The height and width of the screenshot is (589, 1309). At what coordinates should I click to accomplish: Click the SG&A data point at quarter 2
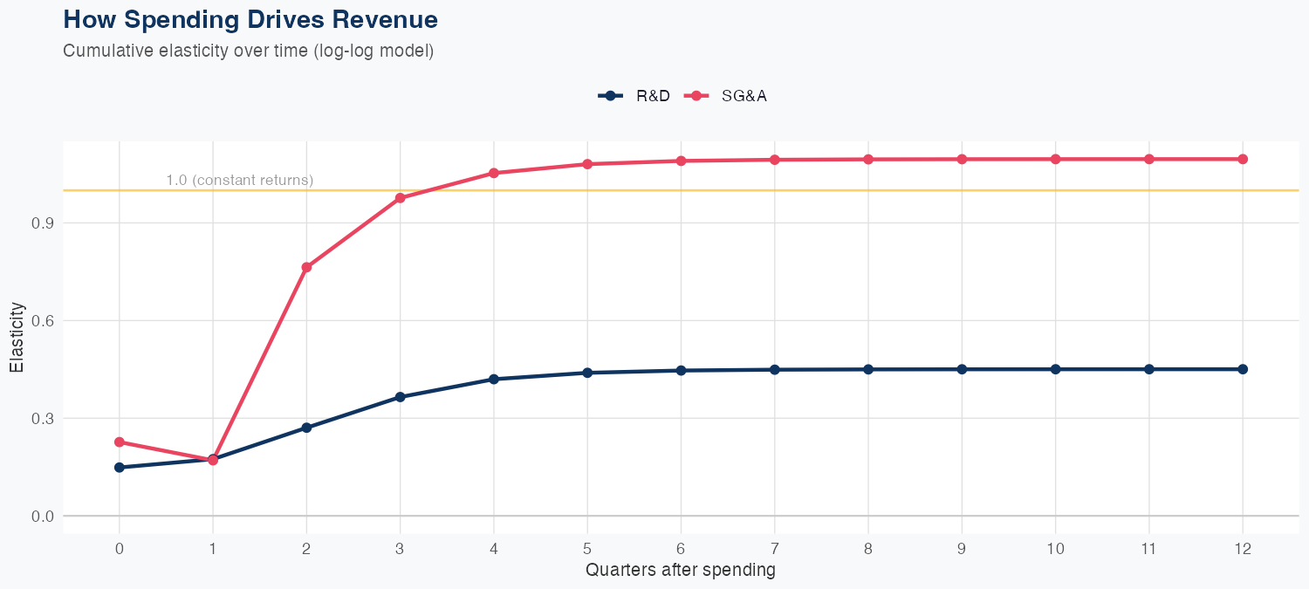pos(306,267)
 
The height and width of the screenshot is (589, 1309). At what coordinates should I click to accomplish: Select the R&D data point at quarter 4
pos(494,379)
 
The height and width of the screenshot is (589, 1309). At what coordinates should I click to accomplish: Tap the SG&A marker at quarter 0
pos(120,442)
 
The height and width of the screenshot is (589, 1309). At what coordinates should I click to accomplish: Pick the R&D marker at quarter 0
pos(120,468)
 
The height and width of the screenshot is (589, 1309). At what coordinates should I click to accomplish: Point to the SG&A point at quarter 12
pos(1243,159)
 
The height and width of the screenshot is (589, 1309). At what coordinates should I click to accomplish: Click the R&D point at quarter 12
pos(1243,369)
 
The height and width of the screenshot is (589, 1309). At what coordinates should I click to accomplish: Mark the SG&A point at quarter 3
pos(401,198)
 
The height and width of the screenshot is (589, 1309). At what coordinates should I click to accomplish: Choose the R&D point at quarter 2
pos(306,428)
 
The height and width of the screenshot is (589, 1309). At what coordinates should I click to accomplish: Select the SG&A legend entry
pos(725,96)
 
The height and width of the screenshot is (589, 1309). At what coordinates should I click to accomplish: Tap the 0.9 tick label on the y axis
pos(43,223)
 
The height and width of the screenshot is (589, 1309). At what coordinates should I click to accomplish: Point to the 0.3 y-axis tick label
pos(43,418)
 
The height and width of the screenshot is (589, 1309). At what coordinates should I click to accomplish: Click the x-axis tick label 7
pos(774,549)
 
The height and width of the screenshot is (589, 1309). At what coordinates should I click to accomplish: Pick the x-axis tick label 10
pos(1055,549)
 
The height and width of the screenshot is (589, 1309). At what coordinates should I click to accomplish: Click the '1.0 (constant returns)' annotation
pos(239,181)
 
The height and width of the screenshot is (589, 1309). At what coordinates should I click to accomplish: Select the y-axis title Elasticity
pos(17,338)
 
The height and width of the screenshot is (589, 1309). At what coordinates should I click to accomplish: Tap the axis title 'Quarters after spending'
pos(680,571)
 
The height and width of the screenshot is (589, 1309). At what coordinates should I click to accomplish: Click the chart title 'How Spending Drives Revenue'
pos(250,19)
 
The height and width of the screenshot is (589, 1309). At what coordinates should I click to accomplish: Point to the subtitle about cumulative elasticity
pos(248,51)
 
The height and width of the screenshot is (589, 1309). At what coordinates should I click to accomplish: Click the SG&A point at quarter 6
pos(681,161)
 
